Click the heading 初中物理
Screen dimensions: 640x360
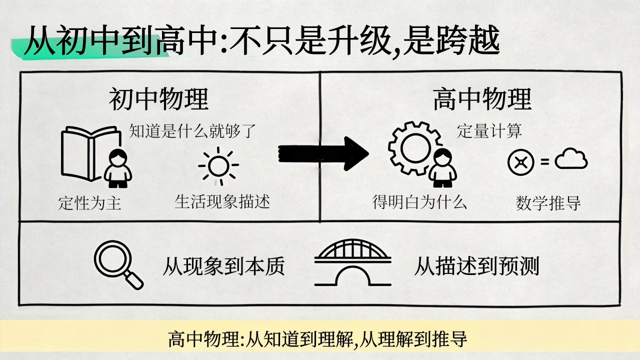tap(159, 99)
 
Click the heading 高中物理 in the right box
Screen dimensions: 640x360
tap(482, 99)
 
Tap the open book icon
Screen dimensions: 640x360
tap(85, 153)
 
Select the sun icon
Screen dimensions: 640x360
tap(218, 165)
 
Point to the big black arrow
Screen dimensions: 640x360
tap(323, 153)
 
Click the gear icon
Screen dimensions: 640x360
tap(394, 148)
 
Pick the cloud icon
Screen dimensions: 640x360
tap(571, 158)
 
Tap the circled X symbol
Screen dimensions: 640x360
tap(521, 162)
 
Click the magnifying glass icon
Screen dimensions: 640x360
tap(118, 264)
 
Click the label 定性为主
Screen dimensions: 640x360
tap(89, 203)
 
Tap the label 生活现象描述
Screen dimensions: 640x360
tap(222, 201)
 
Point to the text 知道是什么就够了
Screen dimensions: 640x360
tap(192, 131)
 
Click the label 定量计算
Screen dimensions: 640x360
tap(489, 131)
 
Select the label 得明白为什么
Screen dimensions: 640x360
tap(419, 201)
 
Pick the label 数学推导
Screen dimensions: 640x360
tap(548, 203)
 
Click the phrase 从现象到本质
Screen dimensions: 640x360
tap(223, 266)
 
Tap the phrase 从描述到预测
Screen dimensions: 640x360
tap(476, 266)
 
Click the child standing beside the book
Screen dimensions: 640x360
tap(117, 168)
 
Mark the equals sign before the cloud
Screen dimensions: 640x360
tap(545, 162)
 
